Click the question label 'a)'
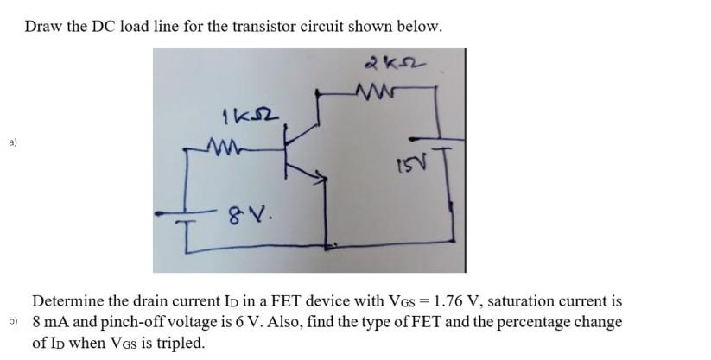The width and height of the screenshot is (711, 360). (x=12, y=142)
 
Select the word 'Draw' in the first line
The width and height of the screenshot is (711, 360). (x=43, y=27)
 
